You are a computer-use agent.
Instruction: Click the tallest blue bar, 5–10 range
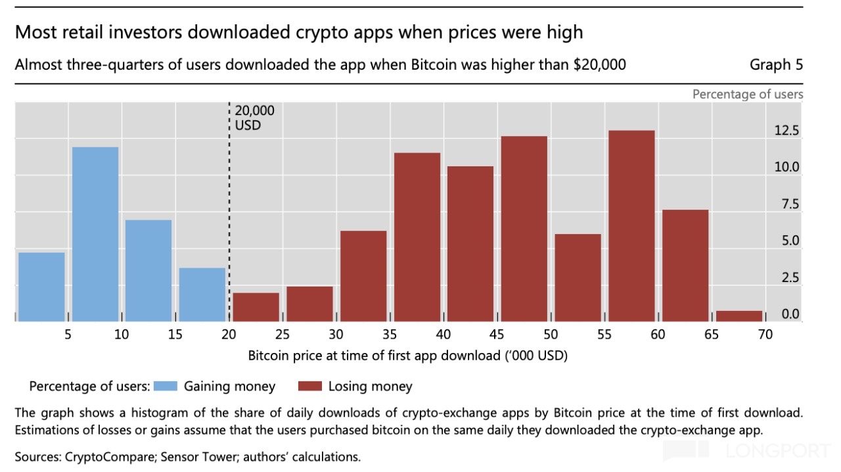pos(95,233)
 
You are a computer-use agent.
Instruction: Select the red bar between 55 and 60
pos(631,225)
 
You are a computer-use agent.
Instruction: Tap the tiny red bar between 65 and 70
pos(739,316)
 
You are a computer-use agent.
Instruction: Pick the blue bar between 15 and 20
pos(202,294)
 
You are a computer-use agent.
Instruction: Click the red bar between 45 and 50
pos(524,228)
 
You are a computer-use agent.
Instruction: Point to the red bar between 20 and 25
pos(256,306)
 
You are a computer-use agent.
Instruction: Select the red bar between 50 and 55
pos(578,277)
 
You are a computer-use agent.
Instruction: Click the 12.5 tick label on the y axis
pos(786,131)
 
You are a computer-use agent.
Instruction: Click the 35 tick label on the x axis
pos(390,335)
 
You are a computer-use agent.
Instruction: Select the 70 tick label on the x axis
pos(765,335)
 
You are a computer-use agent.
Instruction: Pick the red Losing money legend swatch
pos(309,387)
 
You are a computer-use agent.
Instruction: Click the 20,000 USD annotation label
pos(255,118)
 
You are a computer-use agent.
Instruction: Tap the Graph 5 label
pos(776,64)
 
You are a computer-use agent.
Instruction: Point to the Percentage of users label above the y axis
pos(748,94)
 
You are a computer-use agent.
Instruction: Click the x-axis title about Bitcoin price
pos(408,356)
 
